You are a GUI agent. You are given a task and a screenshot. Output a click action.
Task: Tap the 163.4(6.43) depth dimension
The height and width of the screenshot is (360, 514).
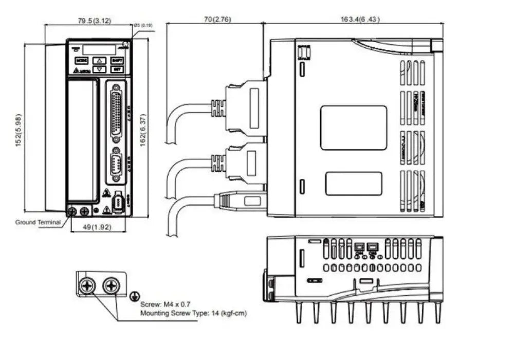[x=360, y=20]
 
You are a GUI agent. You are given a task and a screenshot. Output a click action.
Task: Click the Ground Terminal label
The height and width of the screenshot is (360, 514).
[x=38, y=222]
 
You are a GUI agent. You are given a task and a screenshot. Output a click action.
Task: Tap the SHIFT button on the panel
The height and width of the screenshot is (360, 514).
[x=117, y=60]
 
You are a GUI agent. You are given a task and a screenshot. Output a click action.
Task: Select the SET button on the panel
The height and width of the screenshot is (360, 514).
[x=117, y=69]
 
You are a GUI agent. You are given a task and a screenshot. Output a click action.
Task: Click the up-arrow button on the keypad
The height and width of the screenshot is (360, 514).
[x=100, y=60]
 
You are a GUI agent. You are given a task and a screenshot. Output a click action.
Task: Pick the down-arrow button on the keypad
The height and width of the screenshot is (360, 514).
[x=100, y=69]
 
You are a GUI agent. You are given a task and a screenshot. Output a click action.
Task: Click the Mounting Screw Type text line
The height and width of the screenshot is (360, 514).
[x=193, y=313]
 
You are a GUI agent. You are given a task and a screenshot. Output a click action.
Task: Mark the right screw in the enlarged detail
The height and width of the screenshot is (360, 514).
[x=111, y=285]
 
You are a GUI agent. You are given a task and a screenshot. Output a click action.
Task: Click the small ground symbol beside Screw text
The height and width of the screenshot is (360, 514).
[x=135, y=296]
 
